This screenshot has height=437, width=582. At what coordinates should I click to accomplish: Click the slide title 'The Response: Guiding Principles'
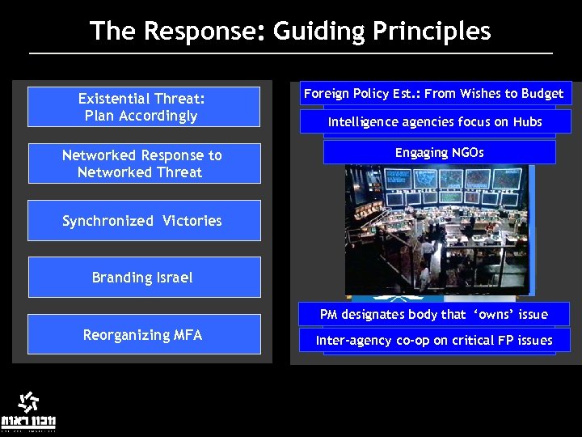(290, 31)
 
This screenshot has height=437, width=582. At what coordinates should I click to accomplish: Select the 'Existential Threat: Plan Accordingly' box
(143, 107)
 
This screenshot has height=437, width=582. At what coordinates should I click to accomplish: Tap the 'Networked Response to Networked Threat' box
(143, 163)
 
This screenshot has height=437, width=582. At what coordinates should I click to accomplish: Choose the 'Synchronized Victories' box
(143, 221)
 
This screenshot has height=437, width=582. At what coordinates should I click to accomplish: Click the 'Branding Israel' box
(143, 278)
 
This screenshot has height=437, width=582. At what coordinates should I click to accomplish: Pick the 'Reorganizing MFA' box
(143, 334)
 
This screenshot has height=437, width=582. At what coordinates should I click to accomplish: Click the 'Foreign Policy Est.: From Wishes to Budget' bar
(434, 94)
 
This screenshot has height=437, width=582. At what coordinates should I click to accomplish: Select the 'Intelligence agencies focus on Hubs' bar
(435, 122)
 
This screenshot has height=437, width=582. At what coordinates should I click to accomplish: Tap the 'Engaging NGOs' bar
(439, 152)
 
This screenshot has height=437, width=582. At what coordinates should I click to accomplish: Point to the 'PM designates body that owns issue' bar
(434, 314)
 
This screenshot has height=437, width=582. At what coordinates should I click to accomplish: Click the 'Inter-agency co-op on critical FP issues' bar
(434, 341)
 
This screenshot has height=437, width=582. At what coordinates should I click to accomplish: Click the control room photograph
(436, 229)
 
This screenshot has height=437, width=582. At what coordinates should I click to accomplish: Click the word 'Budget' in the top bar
(542, 94)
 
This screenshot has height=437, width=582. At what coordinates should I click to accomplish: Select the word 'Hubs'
(526, 122)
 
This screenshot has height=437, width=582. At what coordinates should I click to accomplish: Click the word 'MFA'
(186, 334)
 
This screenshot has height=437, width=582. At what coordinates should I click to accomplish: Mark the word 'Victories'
(192, 221)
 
